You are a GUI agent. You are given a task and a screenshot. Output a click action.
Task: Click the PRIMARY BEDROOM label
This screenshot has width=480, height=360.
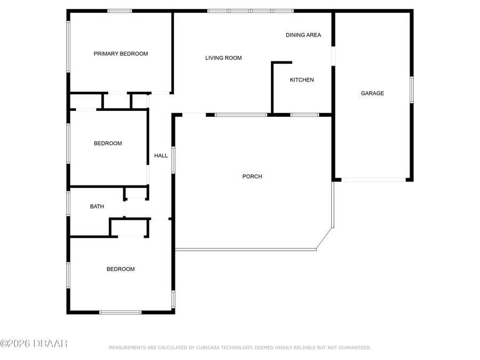pyautogui.click(x=121, y=54)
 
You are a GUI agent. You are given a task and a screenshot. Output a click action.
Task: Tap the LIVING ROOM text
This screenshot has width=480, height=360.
pyautogui.click(x=223, y=58)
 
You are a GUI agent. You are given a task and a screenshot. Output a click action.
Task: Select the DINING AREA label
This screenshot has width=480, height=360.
pyautogui.click(x=303, y=35)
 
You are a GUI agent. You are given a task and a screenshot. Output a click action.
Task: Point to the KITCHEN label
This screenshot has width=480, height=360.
pyautogui.click(x=301, y=80)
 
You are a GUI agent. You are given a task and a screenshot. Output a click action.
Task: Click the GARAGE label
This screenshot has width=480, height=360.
pyautogui.click(x=372, y=93)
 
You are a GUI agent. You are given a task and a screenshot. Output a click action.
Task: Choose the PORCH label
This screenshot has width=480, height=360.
pyautogui.click(x=252, y=177)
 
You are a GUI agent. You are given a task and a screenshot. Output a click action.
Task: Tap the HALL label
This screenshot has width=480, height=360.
pyautogui.click(x=161, y=156)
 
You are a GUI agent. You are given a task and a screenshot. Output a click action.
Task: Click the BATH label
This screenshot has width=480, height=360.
pyautogui.click(x=97, y=206)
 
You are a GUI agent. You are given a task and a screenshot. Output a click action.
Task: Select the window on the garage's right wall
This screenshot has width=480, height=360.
pyautogui.click(x=411, y=89)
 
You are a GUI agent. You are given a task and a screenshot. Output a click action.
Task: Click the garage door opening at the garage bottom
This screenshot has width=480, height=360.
pyautogui.click(x=373, y=180)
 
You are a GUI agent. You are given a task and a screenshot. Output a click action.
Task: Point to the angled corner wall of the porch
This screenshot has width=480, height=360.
pyautogui.click(x=324, y=239)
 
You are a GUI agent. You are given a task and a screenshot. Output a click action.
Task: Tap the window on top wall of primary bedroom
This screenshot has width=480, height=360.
pyautogui.click(x=119, y=11)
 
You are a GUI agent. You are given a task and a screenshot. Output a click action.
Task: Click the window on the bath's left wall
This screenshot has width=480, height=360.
pyautogui.click(x=68, y=203)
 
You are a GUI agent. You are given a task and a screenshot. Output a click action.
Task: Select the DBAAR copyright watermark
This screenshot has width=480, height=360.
pyautogui.click(x=34, y=343)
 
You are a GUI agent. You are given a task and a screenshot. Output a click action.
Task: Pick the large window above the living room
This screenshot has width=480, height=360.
pyautogui.click(x=250, y=11)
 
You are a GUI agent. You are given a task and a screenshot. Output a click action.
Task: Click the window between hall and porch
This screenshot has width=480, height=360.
pyautogui.click(x=173, y=160)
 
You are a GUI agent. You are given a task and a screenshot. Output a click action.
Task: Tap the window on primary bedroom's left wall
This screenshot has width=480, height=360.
pyautogui.click(x=68, y=46)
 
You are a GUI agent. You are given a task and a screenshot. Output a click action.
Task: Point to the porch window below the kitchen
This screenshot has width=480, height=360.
pyautogui.click(x=305, y=115)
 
